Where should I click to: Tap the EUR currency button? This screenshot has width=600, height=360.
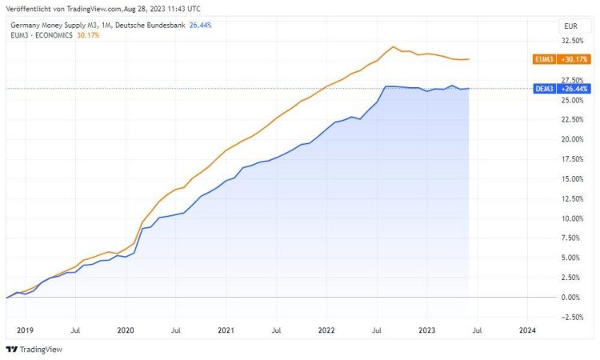[x=571, y=26]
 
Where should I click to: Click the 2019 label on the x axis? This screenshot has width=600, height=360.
[x=25, y=330]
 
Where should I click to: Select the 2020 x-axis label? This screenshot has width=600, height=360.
[x=126, y=330]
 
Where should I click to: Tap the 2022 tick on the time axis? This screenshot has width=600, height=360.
[x=326, y=330]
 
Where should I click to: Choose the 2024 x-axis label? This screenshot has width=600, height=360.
[x=527, y=330]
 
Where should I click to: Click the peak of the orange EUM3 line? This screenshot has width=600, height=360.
[x=394, y=46]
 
